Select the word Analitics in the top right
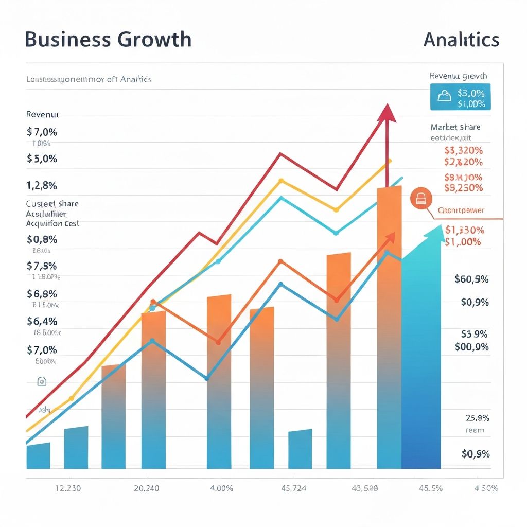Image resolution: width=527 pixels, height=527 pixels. point(461,40)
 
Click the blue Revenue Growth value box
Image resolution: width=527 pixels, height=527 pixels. point(460,97)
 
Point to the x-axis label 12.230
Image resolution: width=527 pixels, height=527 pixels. point(68,488)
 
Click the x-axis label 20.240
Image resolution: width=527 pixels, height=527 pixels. point(147,488)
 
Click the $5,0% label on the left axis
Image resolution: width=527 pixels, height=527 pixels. point(42,159)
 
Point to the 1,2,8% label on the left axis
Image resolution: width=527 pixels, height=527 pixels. point(42,185)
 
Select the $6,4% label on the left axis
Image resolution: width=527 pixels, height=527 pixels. point(42,321)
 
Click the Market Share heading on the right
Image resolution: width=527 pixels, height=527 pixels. point(455,127)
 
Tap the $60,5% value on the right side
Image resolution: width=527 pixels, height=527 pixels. point(471,279)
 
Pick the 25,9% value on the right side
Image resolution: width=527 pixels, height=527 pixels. point(477,418)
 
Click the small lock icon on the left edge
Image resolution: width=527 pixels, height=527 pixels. point(42,381)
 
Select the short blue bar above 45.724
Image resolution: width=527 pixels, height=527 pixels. point(300,449)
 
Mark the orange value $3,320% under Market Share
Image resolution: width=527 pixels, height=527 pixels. point(463,151)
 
